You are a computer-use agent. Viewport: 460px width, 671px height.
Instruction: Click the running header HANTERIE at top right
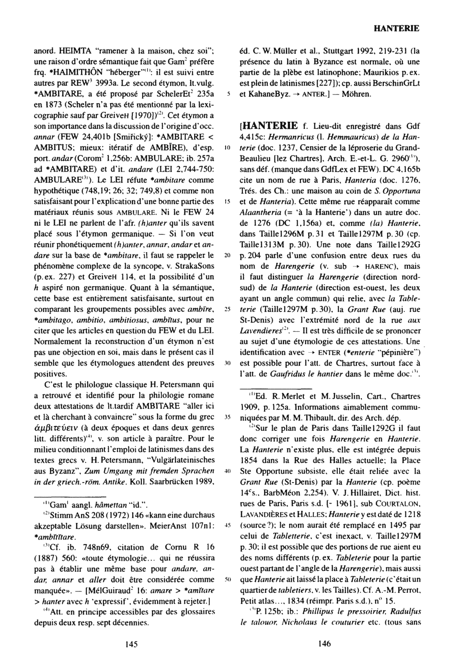(x=395, y=29)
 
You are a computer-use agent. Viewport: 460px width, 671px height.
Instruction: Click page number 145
(x=132, y=645)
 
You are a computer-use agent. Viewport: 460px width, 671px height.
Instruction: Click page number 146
(x=324, y=645)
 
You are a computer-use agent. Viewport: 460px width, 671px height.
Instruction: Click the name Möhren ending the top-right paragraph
(x=356, y=93)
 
